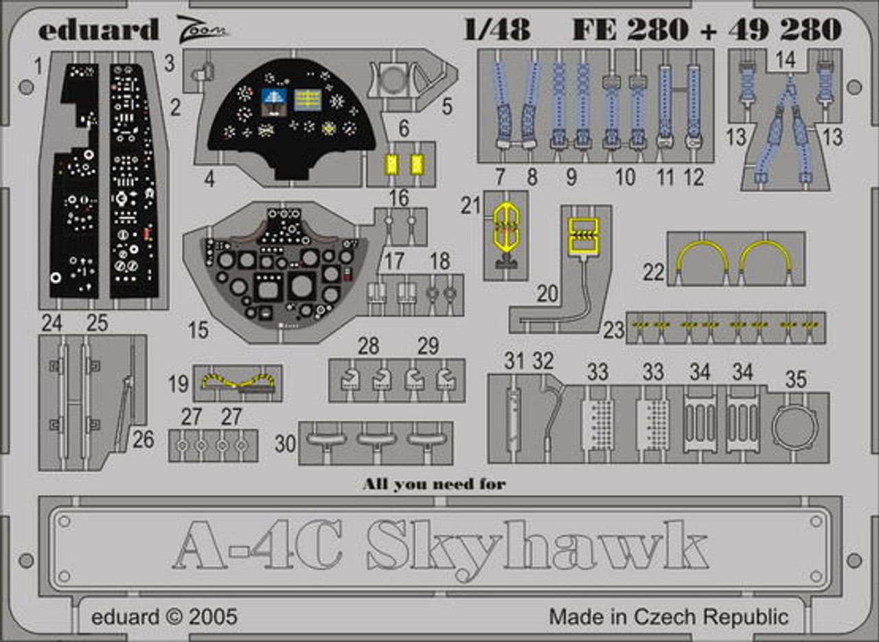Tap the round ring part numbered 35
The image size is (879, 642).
(795, 427)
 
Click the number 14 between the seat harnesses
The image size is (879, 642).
(786, 60)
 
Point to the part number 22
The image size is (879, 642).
(654, 273)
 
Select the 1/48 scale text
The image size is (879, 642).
(496, 29)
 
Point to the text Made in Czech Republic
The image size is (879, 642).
(668, 616)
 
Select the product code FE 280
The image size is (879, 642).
(630, 29)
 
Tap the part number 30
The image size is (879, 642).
(285, 444)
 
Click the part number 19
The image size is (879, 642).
(179, 383)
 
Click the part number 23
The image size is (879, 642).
(614, 331)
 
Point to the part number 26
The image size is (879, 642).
(143, 440)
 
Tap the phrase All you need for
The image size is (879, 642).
(434, 484)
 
